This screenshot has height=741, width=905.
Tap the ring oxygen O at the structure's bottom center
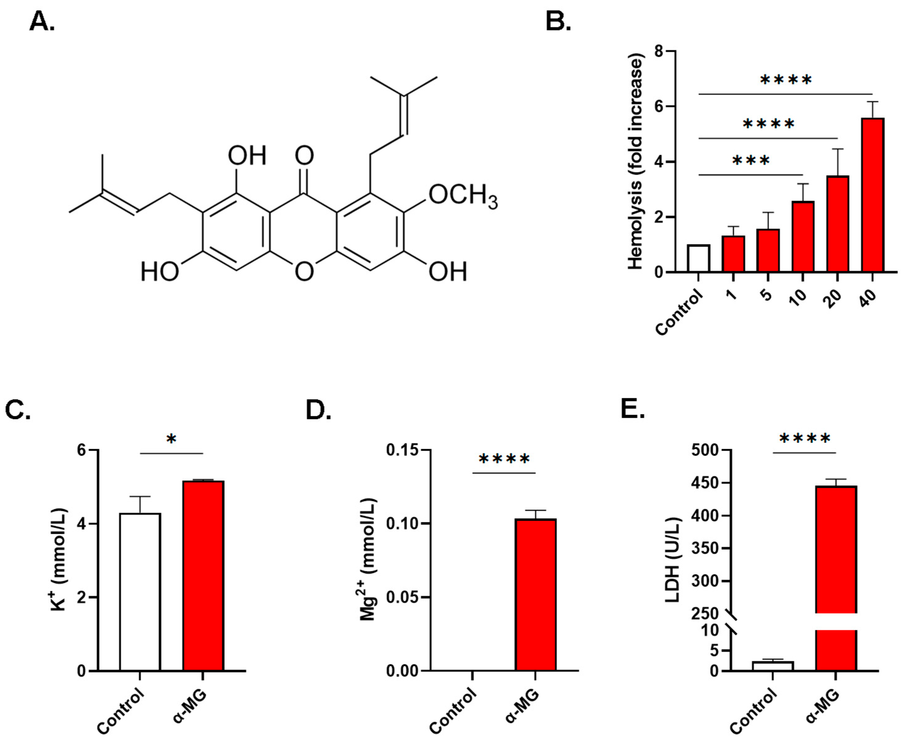(304, 272)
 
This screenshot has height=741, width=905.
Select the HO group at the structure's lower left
(160, 272)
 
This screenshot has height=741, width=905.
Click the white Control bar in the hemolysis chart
(699, 259)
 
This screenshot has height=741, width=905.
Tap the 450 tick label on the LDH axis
(705, 483)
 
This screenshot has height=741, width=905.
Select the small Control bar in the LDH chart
(773, 666)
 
